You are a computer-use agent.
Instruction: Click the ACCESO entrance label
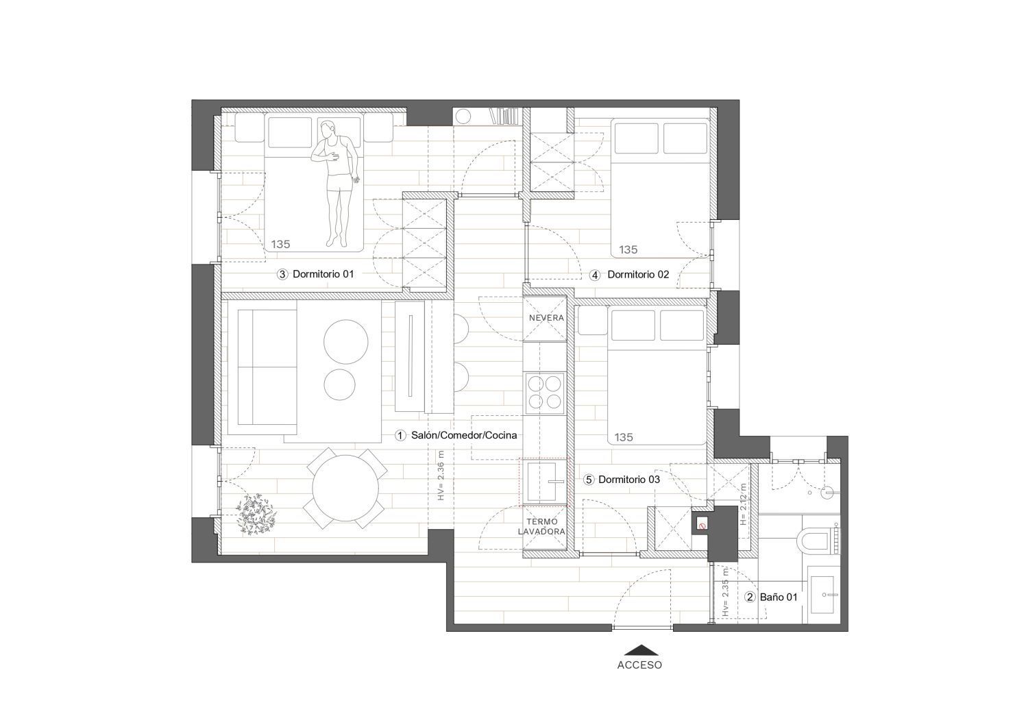point(639,665)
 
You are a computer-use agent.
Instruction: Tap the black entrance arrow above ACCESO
point(641,650)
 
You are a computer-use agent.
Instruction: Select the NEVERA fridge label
point(546,318)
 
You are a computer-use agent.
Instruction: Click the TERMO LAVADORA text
point(541,526)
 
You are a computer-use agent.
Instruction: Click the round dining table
point(345,489)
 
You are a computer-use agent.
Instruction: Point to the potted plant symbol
point(256,515)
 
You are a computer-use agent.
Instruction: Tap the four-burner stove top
point(545,392)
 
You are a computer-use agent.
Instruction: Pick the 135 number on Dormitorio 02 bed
point(628,249)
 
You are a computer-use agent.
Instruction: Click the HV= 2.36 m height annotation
point(441,475)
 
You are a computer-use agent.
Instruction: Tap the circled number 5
point(588,480)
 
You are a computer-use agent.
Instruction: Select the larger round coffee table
point(345,341)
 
